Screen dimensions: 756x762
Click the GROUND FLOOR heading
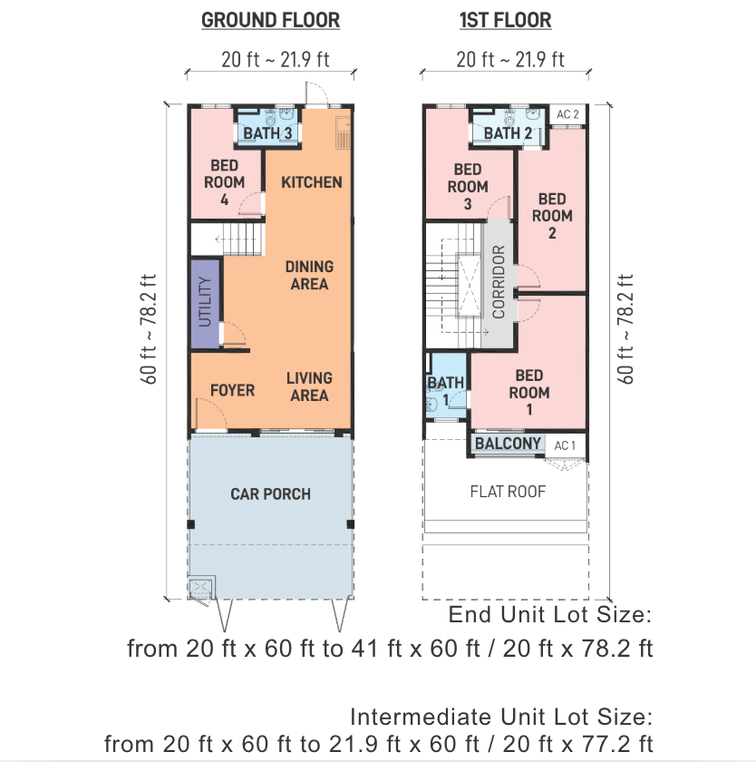(270, 20)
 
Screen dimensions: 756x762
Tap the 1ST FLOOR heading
(506, 20)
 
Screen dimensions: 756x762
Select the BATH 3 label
(267, 133)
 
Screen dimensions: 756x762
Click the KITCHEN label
(312, 182)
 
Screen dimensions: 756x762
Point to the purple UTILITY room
(205, 304)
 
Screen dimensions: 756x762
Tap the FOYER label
(232, 390)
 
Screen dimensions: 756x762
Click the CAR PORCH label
(270, 494)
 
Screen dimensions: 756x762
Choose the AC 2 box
(567, 114)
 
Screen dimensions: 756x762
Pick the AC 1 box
(565, 445)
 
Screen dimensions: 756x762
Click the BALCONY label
(508, 444)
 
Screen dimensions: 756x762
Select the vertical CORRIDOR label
(499, 282)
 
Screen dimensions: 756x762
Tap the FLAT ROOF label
(508, 492)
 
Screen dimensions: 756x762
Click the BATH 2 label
(508, 133)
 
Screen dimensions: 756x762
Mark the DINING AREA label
(309, 275)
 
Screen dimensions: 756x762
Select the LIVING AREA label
(309, 386)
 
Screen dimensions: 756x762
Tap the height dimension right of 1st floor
(625, 329)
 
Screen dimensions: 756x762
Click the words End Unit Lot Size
(550, 615)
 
